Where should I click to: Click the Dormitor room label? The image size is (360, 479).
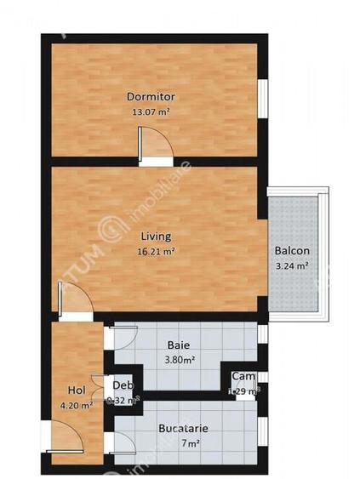pos(151,96)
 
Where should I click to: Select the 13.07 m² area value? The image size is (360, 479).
pos(151,111)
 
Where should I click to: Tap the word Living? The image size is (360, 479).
pos(156,237)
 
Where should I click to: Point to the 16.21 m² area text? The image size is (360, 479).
pos(156,252)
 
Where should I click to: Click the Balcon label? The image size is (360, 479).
pos(291,251)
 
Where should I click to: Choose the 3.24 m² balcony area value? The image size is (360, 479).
pos(291,265)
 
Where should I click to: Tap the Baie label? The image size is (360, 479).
pos(178,345)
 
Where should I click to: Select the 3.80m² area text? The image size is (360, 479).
pos(178,359)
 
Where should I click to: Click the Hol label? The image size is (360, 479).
pos(76,391)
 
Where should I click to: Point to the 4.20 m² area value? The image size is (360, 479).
pos(76,405)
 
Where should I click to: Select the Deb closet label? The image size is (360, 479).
pos(123,385)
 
